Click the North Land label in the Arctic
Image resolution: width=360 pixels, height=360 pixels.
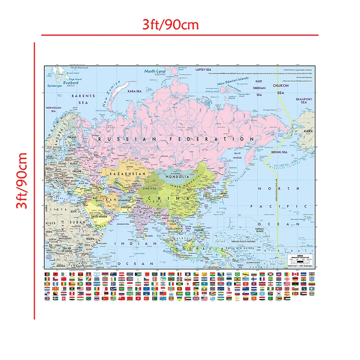[x=155, y=72]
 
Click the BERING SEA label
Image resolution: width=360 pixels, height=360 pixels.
[x=279, y=152]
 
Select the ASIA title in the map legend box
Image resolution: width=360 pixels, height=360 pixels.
[x=294, y=256]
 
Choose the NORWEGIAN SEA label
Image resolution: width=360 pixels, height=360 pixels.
[x=53, y=110]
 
